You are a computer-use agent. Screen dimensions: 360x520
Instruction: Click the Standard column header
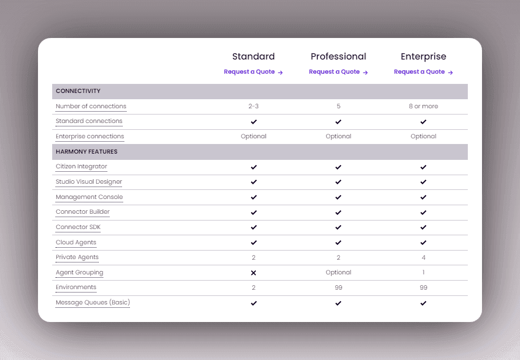(253, 57)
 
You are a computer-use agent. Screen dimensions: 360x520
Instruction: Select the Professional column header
(339, 57)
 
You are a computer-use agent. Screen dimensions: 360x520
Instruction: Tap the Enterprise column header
(424, 57)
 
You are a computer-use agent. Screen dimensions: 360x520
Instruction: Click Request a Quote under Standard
(253, 72)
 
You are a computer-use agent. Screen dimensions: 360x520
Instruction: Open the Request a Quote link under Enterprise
(423, 72)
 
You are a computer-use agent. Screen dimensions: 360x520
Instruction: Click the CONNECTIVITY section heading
(78, 91)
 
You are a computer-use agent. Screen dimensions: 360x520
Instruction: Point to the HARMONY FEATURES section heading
(87, 152)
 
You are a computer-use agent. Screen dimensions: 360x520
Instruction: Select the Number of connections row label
(91, 107)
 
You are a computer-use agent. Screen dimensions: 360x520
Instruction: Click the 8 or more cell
(424, 107)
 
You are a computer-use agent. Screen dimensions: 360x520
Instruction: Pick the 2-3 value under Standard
(253, 107)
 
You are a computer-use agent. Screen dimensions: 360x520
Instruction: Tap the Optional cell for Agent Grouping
(339, 273)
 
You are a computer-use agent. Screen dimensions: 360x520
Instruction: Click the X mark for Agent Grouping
(253, 273)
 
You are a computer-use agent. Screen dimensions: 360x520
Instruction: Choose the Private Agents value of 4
(424, 257)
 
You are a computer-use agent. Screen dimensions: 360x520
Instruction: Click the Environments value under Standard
(253, 288)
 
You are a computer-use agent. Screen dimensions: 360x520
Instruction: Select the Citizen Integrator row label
(81, 167)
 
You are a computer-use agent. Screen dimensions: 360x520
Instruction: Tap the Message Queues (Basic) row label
(92, 303)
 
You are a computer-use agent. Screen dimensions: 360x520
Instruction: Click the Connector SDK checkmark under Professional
(339, 227)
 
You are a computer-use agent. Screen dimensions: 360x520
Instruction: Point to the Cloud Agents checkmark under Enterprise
(424, 243)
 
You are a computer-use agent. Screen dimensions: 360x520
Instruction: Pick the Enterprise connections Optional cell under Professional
(339, 137)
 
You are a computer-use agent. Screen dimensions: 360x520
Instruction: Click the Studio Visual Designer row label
(88, 182)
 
